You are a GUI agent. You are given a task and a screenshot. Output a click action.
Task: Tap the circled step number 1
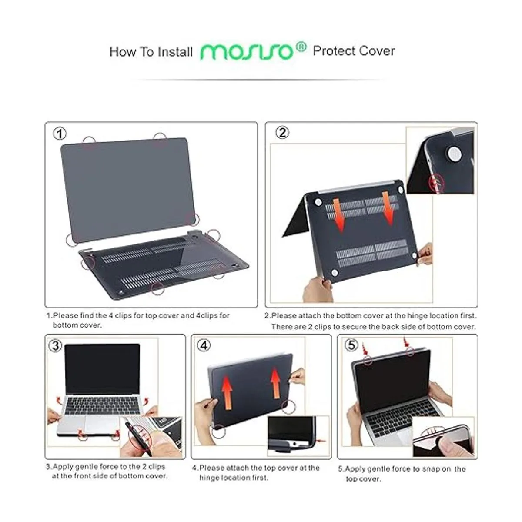[60, 133]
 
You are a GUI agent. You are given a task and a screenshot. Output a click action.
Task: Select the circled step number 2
[282, 132]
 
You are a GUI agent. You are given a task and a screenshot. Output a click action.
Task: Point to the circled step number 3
[55, 346]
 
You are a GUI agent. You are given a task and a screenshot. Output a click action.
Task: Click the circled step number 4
[204, 345]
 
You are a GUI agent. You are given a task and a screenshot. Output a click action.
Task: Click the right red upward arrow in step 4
[275, 382]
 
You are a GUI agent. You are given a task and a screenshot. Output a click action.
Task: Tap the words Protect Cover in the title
[354, 51]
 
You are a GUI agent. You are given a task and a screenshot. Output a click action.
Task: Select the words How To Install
[151, 52]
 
